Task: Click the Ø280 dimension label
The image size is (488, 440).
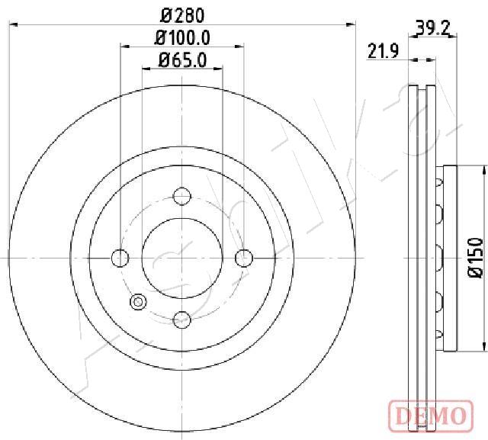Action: pyautogui.click(x=182, y=15)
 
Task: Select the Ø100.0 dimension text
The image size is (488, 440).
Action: pyautogui.click(x=182, y=37)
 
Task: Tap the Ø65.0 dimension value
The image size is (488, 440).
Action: pyautogui.click(x=182, y=59)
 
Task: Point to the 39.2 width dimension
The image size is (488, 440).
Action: pyautogui.click(x=433, y=29)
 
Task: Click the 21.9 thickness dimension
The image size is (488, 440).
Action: pyautogui.click(x=383, y=51)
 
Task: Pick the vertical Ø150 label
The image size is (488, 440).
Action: pyautogui.click(x=476, y=257)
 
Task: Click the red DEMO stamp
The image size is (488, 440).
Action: pyautogui.click(x=431, y=415)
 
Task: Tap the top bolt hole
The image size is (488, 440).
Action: pyautogui.click(x=181, y=196)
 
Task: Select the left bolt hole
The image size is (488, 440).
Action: pyautogui.click(x=120, y=258)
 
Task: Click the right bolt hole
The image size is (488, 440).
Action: pyautogui.click(x=244, y=258)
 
